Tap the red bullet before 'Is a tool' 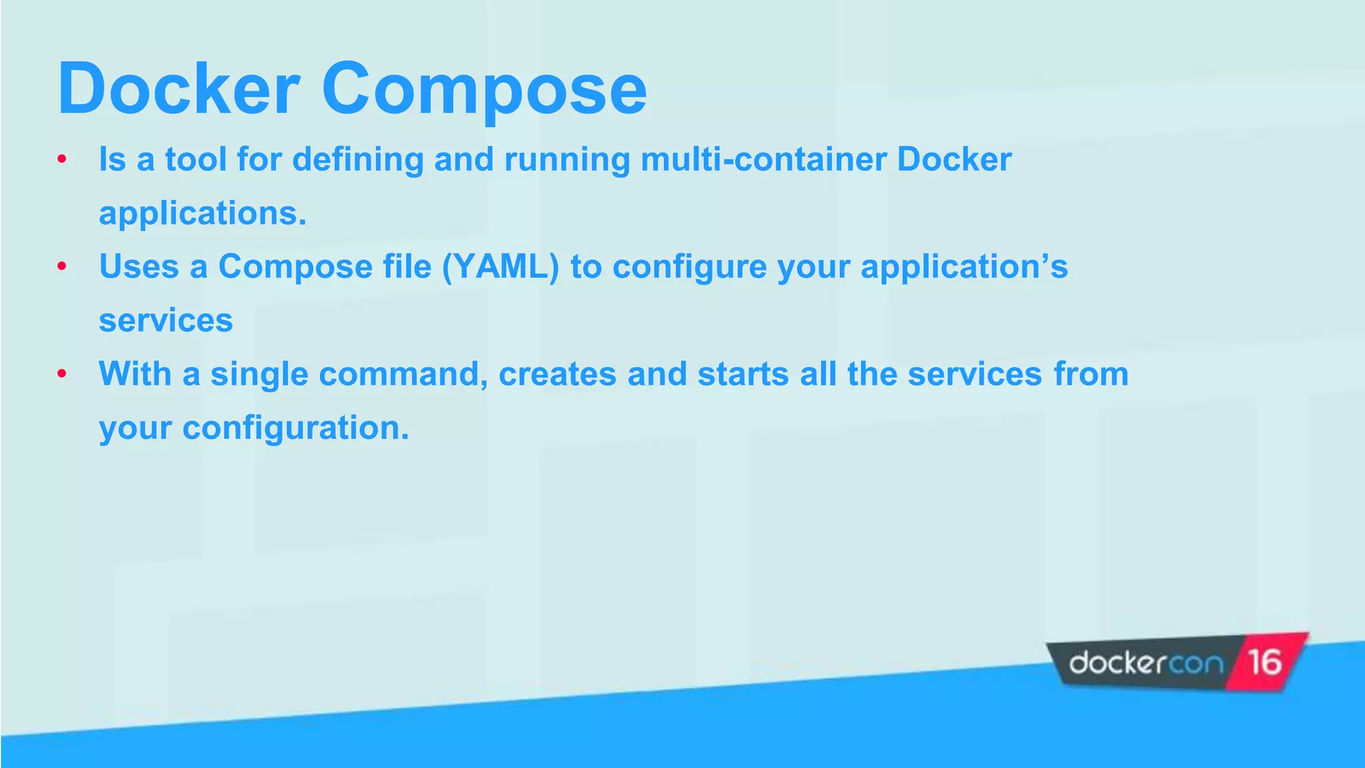pos(62,159)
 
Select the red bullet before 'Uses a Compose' pos(62,267)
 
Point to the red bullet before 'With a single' pos(62,373)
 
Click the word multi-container pos(763,159)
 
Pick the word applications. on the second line pos(203,214)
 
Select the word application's pos(964,267)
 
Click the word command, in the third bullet pos(403,374)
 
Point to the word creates pos(557,374)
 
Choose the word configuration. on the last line pos(295,428)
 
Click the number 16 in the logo pos(1264,663)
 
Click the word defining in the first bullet pos(358,161)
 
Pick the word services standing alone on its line pos(166,321)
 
